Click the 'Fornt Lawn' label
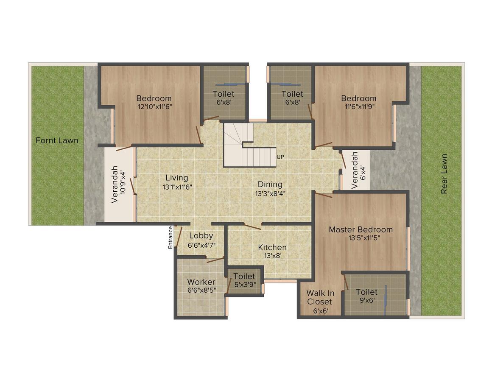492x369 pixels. (57, 140)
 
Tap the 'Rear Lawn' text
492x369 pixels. (444, 174)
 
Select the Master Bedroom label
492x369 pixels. (361, 229)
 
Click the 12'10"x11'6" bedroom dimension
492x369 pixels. (154, 107)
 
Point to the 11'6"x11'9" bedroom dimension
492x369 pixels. (358, 107)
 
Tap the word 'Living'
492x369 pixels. (176, 178)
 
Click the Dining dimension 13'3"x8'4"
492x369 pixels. (270, 193)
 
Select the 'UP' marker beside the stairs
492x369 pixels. (280, 157)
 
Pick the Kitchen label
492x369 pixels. (272, 247)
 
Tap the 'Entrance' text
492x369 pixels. (171, 237)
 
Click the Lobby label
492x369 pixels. (201, 236)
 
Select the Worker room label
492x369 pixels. (201, 282)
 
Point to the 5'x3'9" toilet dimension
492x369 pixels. (244, 285)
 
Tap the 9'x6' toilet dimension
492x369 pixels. (366, 300)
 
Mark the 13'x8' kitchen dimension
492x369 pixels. (272, 256)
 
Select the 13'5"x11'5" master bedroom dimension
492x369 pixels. (361, 238)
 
